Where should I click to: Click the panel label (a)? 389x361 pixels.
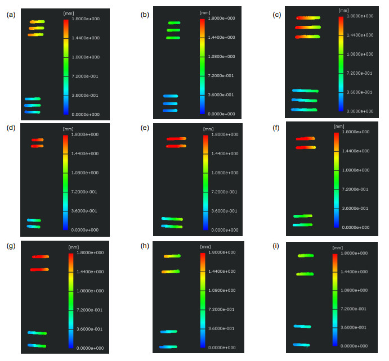click(11, 15)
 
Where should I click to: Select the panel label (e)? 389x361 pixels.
click(145, 129)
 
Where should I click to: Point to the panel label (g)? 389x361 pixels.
click(11, 246)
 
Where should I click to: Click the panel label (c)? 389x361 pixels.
click(277, 15)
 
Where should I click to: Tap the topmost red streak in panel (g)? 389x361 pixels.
click(41, 256)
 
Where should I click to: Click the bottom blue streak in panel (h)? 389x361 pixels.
click(168, 347)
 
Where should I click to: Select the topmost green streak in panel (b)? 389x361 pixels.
click(173, 23)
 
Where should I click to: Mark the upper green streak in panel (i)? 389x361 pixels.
click(305, 255)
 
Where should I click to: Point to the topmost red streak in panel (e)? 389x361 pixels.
click(176, 139)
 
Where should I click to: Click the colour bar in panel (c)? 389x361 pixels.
click(341, 64)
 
